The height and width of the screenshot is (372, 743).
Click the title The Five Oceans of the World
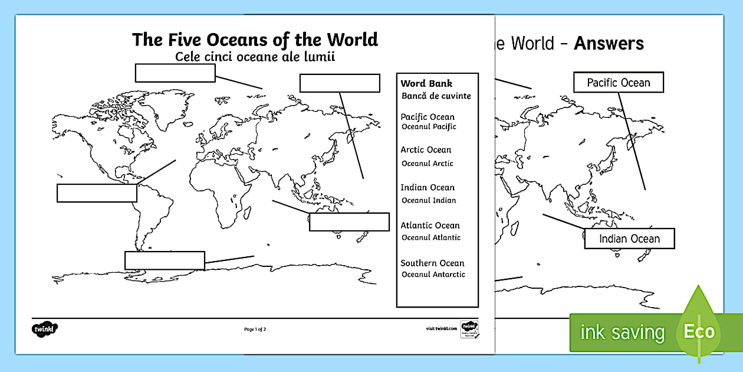pos(255,40)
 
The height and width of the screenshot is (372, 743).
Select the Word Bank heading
pos(426,83)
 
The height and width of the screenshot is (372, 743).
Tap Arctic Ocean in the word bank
pos(426,150)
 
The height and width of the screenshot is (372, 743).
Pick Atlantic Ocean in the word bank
pos(430,226)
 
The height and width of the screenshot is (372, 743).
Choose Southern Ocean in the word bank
pos(432,263)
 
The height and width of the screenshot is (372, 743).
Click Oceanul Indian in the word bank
pos(429,200)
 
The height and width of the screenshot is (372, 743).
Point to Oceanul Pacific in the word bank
pos(429,126)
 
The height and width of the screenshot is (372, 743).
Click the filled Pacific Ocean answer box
pos(618,83)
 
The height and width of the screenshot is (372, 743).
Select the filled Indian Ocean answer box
pos(629,239)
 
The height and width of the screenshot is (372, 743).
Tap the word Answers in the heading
pos(609,43)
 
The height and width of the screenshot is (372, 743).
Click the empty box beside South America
pos(97,193)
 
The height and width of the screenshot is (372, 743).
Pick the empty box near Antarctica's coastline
pos(165,260)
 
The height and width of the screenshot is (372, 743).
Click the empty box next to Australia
pos(349,222)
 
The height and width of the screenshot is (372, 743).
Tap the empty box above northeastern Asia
pos(339,83)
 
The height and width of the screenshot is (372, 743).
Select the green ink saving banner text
pos(622,332)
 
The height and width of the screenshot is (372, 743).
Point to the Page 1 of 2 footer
pos(255,329)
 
